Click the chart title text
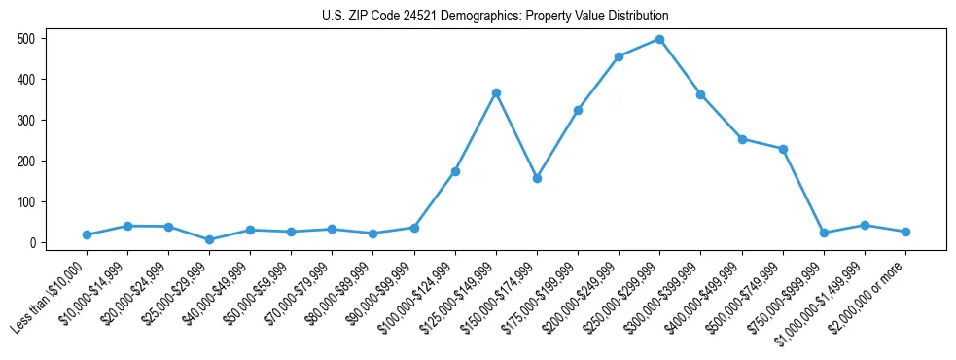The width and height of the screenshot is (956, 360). (495, 17)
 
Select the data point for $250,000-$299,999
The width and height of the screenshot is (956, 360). (659, 39)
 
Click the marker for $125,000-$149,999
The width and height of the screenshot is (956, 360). (496, 92)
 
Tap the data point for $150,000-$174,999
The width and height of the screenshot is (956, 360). (537, 179)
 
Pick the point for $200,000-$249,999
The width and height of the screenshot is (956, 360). (619, 56)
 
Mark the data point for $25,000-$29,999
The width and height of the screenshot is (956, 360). (210, 239)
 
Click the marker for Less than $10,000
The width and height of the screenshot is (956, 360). (88, 234)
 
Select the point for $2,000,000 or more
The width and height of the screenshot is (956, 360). (905, 232)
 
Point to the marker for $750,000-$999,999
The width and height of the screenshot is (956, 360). (824, 233)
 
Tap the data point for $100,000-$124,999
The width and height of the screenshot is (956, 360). (455, 171)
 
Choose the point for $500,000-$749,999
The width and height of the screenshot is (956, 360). (783, 149)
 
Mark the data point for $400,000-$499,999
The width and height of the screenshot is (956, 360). (742, 139)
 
